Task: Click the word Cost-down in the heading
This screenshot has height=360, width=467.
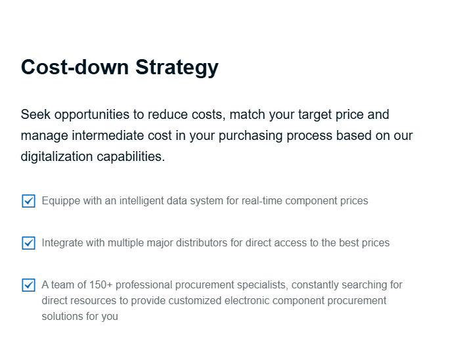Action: (x=75, y=67)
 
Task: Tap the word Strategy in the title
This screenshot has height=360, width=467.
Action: (x=177, y=68)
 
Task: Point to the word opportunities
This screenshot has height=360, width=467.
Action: (x=91, y=115)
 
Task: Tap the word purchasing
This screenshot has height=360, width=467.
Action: (x=250, y=136)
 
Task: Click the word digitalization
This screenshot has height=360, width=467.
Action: (x=56, y=156)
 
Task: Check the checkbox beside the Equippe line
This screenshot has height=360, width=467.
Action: (x=29, y=201)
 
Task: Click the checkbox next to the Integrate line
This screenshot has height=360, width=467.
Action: (x=29, y=243)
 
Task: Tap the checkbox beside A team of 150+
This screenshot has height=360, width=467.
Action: (x=29, y=285)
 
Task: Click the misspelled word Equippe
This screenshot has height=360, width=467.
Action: (x=61, y=201)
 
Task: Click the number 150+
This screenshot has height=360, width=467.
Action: (x=101, y=285)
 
